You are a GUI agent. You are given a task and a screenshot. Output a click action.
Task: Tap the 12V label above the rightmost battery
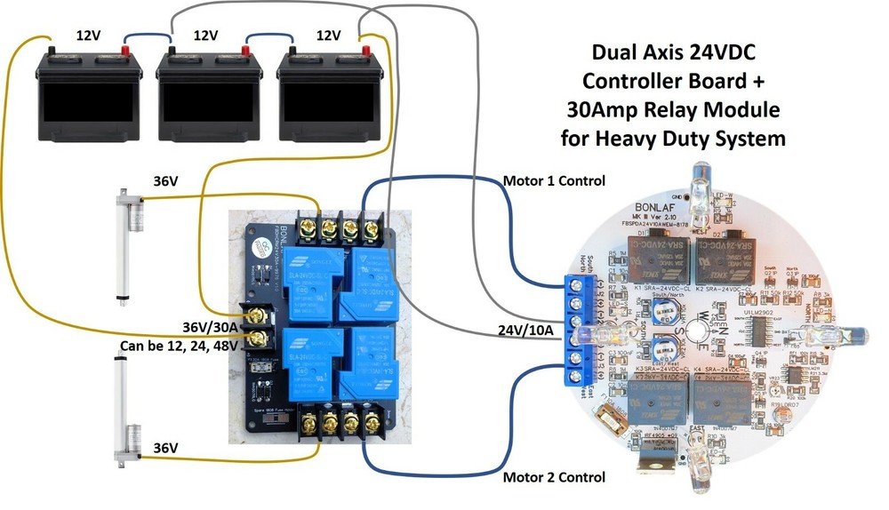[x=328, y=36]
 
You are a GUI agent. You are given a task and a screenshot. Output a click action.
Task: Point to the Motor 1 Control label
[x=554, y=181]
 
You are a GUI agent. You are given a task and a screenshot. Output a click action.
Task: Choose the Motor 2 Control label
[x=554, y=477]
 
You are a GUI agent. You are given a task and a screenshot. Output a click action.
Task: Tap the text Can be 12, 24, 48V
[x=174, y=345]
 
